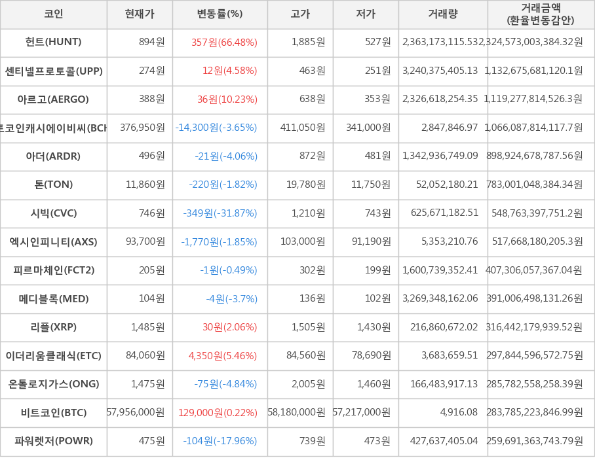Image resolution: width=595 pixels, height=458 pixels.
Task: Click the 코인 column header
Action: click(54, 14)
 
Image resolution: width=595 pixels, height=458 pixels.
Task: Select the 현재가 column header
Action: click(140, 14)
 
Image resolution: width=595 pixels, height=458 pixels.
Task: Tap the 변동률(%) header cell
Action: click(220, 14)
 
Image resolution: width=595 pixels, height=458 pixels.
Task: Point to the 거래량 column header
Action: click(443, 14)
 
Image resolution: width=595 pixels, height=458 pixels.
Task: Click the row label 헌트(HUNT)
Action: click(54, 42)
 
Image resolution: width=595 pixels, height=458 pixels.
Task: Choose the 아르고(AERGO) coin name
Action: click(54, 99)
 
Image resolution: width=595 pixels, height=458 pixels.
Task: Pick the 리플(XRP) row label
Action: click(54, 327)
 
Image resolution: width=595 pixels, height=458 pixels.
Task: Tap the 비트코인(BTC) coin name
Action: click(54, 412)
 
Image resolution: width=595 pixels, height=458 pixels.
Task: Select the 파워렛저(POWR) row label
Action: click(54, 441)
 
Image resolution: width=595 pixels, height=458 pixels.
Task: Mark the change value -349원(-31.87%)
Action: click(220, 213)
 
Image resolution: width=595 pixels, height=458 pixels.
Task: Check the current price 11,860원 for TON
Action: click(145, 185)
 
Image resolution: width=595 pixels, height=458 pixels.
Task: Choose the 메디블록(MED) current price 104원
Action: click(152, 299)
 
